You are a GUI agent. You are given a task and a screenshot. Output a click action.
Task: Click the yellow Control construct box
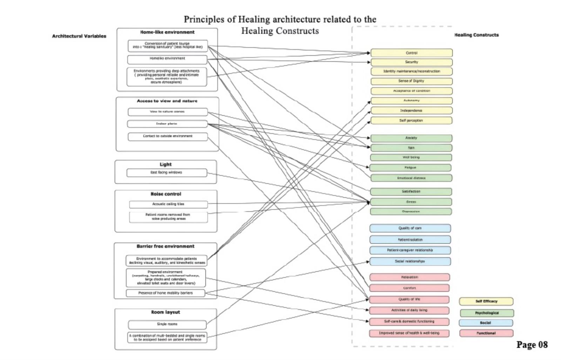[411, 53]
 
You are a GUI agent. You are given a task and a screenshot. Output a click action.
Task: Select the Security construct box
[411, 62]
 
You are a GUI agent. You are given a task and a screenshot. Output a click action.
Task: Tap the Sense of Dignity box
[411, 81]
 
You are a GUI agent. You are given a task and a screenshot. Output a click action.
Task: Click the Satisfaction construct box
[411, 192]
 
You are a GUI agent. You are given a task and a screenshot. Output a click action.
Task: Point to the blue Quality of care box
[410, 228]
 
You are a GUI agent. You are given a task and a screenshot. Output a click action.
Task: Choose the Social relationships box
[410, 261]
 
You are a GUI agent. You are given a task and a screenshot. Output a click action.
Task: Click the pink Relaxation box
[410, 277]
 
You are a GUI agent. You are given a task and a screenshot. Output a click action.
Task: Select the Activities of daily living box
[409, 310]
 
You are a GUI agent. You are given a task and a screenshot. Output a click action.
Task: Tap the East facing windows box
[167, 172]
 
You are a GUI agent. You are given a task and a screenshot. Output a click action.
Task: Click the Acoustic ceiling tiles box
[168, 204]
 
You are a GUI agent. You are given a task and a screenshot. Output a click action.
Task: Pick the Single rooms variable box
[167, 324]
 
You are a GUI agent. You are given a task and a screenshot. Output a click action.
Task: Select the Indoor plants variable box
[167, 124]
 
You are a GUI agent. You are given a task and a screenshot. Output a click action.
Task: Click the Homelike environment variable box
[167, 59]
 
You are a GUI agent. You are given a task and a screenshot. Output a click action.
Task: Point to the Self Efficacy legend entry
[486, 301]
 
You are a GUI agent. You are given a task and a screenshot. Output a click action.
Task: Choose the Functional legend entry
[486, 333]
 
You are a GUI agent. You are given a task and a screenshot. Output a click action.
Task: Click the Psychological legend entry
[487, 313]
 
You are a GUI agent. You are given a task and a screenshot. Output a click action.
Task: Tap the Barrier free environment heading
[165, 246]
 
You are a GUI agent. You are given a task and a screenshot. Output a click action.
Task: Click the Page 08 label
[532, 345]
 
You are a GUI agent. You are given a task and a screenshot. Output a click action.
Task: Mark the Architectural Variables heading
[79, 36]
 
